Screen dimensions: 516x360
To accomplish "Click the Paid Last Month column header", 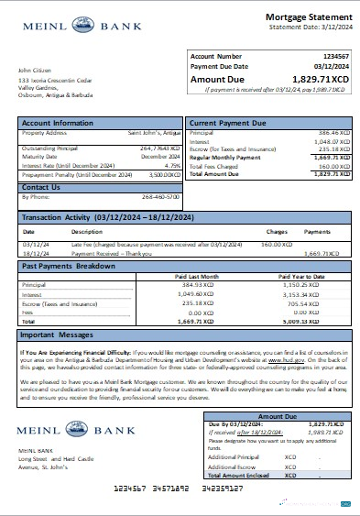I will (197, 274).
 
